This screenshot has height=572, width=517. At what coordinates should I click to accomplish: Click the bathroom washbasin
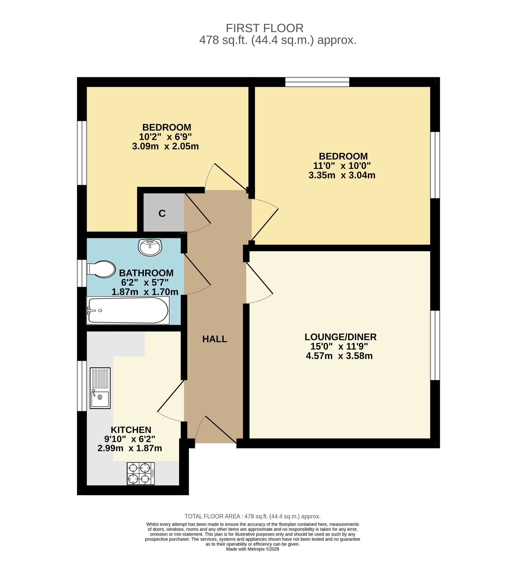150,247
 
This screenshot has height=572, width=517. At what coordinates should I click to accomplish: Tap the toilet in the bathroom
101,269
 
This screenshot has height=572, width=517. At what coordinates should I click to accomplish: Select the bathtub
128,310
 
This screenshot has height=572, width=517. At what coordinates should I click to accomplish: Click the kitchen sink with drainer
100,388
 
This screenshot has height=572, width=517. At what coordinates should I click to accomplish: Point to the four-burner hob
141,474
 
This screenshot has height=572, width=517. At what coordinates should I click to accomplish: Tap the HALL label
215,339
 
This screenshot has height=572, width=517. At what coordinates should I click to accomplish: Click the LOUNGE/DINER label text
340,337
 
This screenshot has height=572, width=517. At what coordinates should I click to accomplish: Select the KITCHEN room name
131,430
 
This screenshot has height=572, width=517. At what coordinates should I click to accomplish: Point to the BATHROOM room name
146,273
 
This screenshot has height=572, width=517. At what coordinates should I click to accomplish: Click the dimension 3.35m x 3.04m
342,175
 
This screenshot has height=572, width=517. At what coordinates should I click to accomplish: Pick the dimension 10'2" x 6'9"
165,137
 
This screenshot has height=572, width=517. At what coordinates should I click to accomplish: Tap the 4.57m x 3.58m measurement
339,355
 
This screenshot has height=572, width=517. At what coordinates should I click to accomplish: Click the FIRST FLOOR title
265,28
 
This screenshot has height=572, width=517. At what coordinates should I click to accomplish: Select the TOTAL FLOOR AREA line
252,516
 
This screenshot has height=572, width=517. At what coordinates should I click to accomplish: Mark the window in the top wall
317,82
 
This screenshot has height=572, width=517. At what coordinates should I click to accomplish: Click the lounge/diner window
435,345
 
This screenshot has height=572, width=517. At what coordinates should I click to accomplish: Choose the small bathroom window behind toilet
82,273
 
